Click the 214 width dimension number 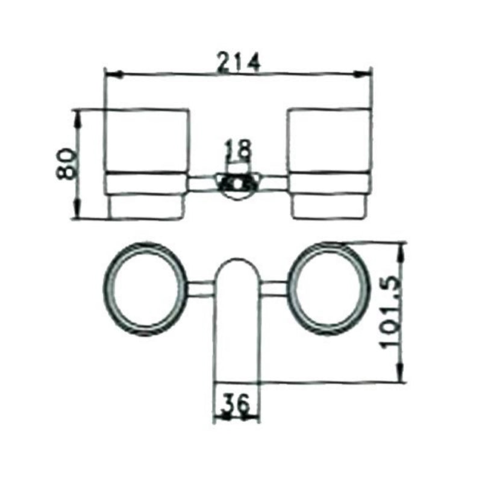[237, 62]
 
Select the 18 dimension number [236, 150]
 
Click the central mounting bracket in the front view [237, 183]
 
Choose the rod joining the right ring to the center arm [275, 289]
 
